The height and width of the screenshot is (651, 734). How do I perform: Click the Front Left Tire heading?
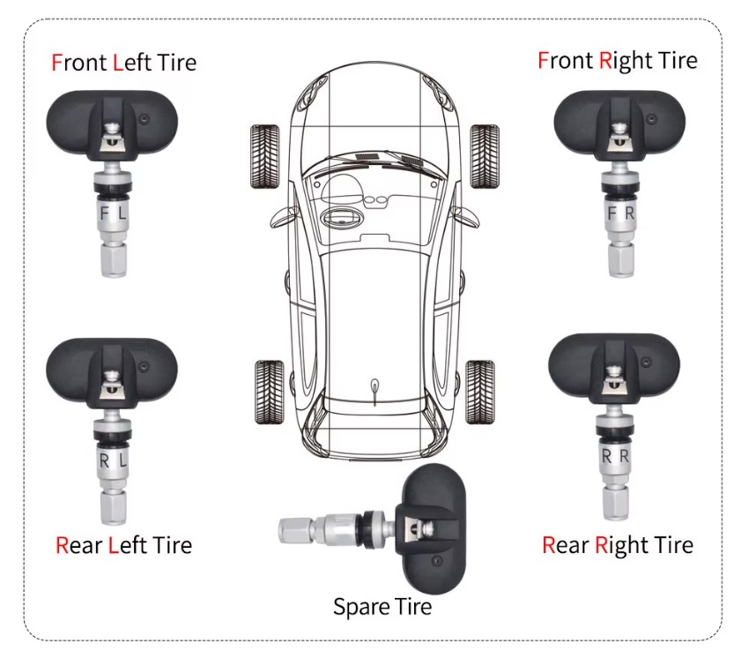coord(123,63)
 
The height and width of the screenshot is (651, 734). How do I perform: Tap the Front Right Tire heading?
coord(618,61)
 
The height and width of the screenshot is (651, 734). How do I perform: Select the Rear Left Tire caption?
coord(123,545)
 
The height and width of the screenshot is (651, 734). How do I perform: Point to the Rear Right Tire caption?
coord(618,545)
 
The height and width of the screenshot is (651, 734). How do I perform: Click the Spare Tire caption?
coord(382,607)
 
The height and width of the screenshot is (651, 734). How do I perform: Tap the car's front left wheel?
coord(265,156)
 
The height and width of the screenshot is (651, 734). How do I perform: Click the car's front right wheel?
coord(485,156)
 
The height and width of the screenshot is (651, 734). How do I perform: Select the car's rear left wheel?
coord(270,393)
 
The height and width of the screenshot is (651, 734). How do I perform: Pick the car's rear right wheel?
coord(480,393)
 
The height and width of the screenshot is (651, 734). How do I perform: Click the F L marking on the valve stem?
coord(114,213)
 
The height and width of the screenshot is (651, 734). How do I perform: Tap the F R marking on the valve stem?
coord(620,213)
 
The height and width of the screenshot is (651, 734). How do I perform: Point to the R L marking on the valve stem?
coord(114,460)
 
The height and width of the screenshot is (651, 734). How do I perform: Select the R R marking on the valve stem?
coord(615,456)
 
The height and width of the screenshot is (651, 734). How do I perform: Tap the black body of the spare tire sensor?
coord(433,528)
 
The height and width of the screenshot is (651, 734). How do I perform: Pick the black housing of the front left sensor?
coord(112,125)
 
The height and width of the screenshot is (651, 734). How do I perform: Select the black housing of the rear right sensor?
coord(613,369)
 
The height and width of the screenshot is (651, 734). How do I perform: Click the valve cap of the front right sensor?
coord(621,260)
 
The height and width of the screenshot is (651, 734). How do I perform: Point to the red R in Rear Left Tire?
coord(62,545)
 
